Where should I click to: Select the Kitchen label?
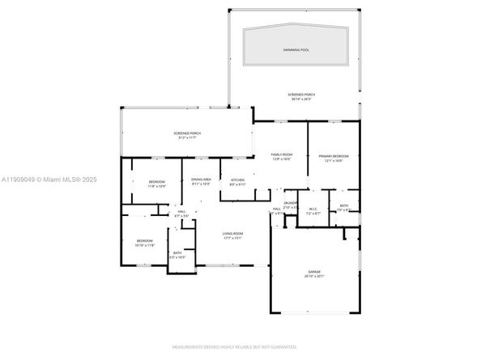(x=237, y=180)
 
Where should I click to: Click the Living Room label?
(x=233, y=233)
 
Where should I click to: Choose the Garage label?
(x=313, y=271)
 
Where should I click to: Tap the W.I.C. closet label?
(x=314, y=208)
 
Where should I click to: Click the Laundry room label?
(x=291, y=202)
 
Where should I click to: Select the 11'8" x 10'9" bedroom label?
(x=156, y=182)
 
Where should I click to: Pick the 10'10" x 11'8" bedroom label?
(x=145, y=240)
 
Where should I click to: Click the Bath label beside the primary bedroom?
(x=344, y=205)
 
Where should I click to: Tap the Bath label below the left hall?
(x=177, y=253)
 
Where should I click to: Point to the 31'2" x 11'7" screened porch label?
(x=187, y=135)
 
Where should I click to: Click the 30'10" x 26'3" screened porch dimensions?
(x=301, y=100)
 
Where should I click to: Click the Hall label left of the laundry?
(x=276, y=209)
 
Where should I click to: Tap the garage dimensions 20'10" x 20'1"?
(x=313, y=276)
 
